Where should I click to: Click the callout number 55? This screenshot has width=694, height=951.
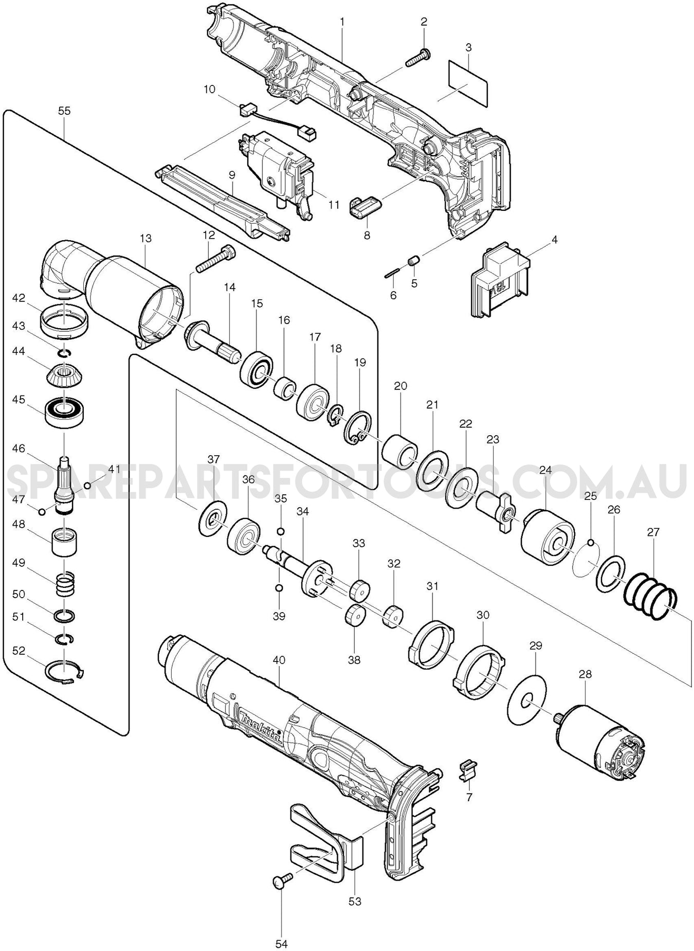pyautogui.click(x=64, y=111)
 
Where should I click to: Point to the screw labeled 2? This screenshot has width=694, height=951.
pyautogui.click(x=418, y=58)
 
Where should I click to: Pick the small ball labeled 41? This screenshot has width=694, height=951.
pyautogui.click(x=87, y=485)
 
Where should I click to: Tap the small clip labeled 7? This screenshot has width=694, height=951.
pyautogui.click(x=466, y=770)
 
